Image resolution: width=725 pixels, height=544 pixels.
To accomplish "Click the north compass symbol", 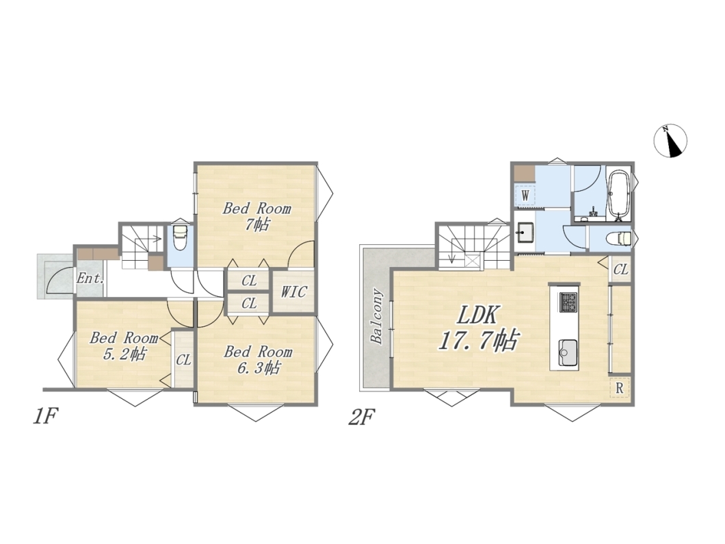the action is tap(670, 141).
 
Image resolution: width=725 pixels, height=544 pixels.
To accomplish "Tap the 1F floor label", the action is tap(45, 417).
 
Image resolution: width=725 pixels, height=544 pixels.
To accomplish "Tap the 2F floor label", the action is tap(361, 417).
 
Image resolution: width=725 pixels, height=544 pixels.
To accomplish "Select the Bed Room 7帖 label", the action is tap(257, 216).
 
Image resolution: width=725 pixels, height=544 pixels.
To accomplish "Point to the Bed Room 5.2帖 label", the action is tap(124, 346).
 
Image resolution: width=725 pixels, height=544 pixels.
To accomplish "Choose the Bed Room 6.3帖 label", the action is tap(258, 359).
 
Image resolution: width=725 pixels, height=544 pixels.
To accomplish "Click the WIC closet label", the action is tap(293, 292).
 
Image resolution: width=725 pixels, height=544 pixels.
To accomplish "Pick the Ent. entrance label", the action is tap(90, 279).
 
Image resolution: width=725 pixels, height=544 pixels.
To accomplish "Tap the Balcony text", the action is tap(377, 316).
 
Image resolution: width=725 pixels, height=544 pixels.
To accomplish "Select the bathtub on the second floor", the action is tap(618, 194).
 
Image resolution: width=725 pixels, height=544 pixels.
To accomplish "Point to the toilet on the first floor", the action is tap(179, 237).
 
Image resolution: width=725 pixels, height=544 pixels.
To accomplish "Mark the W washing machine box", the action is tap(525, 194).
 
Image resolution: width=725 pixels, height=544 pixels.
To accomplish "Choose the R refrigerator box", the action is tap(620, 389).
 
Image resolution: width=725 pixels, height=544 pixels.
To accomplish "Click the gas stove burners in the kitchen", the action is tap(568, 302).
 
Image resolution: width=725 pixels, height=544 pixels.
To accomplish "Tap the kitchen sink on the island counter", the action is tap(568, 352).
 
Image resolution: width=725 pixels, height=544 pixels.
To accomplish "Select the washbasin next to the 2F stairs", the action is tap(525, 232).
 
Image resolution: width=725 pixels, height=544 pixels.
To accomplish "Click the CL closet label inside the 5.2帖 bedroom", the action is tap(183, 359).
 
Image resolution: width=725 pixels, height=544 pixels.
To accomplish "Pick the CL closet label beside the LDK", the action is tap(621, 269).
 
